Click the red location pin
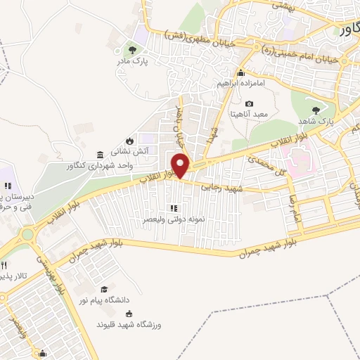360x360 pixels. coord(181,165)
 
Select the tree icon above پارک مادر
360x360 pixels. coord(131,49)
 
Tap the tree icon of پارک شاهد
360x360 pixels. coord(316,109)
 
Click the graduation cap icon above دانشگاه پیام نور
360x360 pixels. coord(104,289)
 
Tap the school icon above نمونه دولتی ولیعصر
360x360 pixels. coord(173,208)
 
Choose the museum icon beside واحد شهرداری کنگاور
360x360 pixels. coord(99,154)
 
